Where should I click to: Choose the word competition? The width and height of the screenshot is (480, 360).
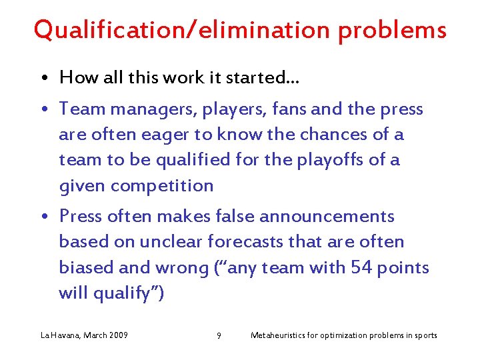[162, 185]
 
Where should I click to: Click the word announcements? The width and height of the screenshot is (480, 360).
[327, 217]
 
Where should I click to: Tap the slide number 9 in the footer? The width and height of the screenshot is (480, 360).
[219, 335]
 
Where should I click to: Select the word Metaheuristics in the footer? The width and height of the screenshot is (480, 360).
[278, 335]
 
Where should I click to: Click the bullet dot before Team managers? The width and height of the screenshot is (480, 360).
[43, 110]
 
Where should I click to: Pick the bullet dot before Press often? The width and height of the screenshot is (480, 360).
[43, 217]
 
